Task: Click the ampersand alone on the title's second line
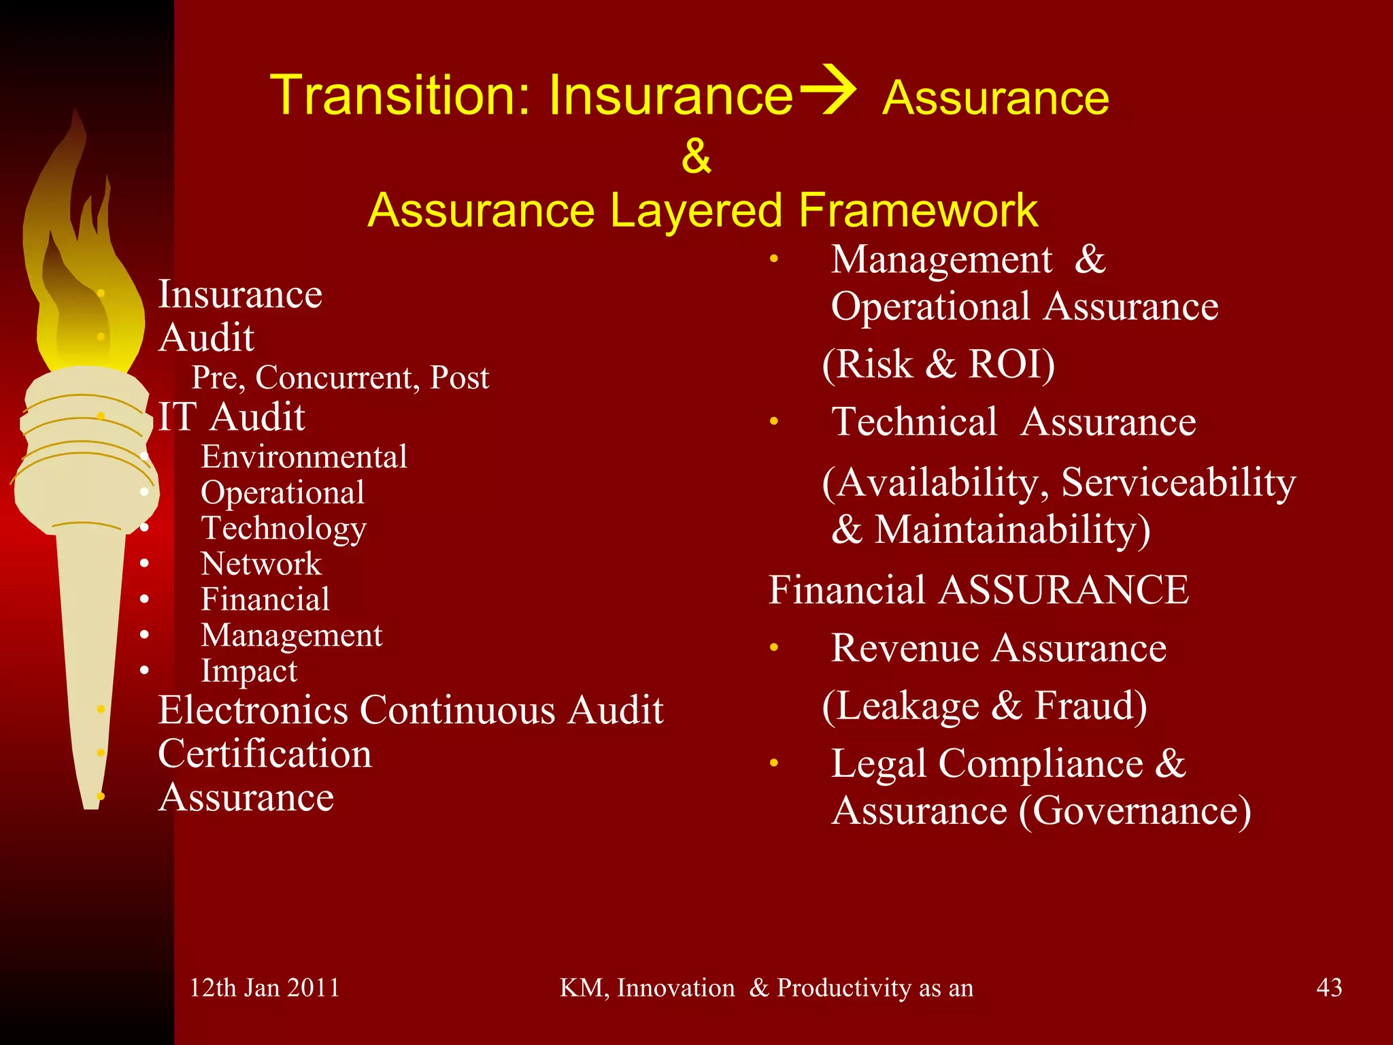696,156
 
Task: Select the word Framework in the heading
918,210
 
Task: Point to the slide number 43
1329,987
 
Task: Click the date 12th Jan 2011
264,988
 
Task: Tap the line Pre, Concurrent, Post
340,378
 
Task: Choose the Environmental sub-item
304,457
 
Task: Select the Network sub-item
261,563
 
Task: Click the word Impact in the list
249,671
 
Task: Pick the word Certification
265,754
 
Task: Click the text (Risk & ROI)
939,364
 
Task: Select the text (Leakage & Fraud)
984,706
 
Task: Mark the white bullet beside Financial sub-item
144,599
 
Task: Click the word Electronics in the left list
253,710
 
